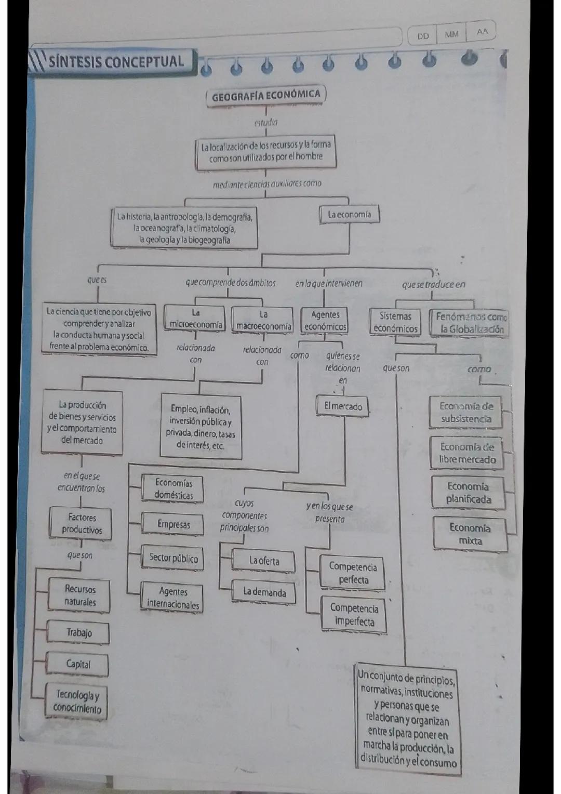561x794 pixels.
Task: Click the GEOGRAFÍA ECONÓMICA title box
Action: (x=266, y=95)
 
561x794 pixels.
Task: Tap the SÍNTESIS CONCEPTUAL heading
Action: (x=115, y=62)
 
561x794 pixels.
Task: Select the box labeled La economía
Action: (x=349, y=214)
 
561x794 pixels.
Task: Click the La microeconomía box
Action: (x=195, y=319)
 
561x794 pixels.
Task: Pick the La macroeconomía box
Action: (x=263, y=320)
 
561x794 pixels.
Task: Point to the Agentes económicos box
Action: (x=325, y=321)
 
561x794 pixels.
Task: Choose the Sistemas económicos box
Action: (x=395, y=322)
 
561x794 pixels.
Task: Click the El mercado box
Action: (x=343, y=406)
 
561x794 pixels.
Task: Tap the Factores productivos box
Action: (x=82, y=523)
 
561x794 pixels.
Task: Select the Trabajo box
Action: (x=79, y=632)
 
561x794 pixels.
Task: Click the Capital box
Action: (x=78, y=664)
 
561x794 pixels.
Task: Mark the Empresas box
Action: (x=173, y=524)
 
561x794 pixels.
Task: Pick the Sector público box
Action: (x=173, y=558)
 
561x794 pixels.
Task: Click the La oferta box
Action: (x=264, y=561)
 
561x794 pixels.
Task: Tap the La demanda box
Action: (x=264, y=592)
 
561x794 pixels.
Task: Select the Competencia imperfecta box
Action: (x=354, y=615)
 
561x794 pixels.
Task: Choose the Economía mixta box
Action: (x=470, y=534)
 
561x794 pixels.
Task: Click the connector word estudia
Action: (x=266, y=123)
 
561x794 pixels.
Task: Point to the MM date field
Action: (x=451, y=34)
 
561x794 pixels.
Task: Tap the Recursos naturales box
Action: (x=80, y=595)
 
